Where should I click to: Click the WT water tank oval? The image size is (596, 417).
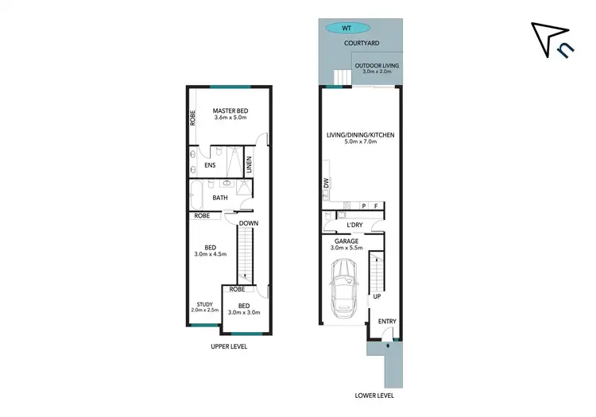click(346, 28)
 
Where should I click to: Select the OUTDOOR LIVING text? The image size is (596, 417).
click(377, 66)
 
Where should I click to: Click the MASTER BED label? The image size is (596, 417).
click(230, 110)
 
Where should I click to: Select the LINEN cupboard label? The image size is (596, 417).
click(249, 166)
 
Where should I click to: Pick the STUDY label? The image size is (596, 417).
click(205, 303)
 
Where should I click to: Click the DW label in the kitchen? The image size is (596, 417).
click(327, 184)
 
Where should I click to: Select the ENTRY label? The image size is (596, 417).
click(387, 322)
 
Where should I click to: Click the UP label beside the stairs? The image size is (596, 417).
click(377, 297)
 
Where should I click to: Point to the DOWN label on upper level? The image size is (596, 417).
click(248, 223)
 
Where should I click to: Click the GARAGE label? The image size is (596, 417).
click(346, 240)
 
